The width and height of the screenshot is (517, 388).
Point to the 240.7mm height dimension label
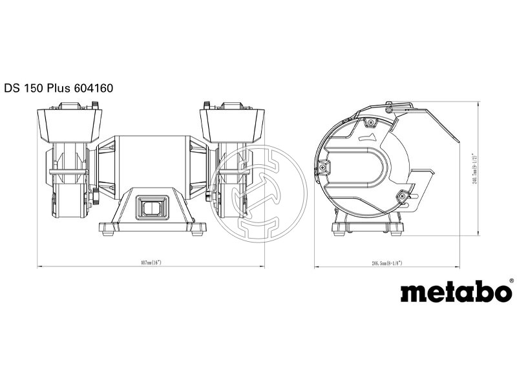point(475,169)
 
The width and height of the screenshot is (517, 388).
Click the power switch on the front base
point(150,207)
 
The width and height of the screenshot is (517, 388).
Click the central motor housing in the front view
point(151,162)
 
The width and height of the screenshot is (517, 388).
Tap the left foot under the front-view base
point(105,227)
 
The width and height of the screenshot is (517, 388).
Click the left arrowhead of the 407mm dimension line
point(39,266)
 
